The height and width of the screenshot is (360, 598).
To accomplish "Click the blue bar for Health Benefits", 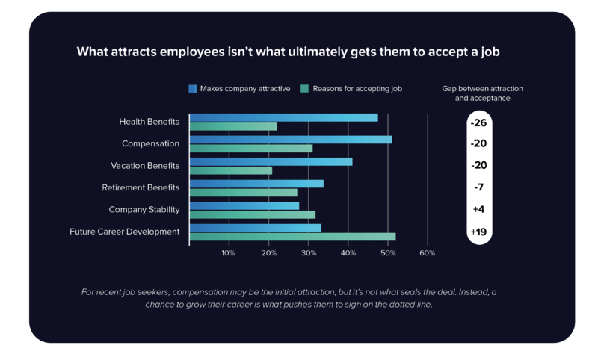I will [284, 117].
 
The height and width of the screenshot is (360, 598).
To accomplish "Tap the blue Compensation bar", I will [291, 140].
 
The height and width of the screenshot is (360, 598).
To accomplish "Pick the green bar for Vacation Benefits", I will [231, 170].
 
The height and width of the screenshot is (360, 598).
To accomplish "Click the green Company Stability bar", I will [253, 214].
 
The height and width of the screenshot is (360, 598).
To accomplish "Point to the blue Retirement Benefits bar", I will [256, 184].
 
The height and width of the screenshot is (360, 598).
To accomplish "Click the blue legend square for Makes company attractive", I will [193, 88].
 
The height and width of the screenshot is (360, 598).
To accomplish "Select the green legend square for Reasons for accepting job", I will [304, 88].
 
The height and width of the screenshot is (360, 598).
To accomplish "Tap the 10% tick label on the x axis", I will [228, 253].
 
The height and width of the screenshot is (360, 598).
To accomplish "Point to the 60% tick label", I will [427, 253].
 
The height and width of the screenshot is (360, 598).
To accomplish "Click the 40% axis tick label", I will [348, 253].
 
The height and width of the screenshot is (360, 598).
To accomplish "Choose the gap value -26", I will [478, 122].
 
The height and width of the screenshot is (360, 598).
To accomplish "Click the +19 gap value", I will [478, 232].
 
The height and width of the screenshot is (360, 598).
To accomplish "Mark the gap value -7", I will [478, 187].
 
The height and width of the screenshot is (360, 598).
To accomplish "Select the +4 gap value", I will [478, 210].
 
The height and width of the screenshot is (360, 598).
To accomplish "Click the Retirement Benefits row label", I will [141, 187].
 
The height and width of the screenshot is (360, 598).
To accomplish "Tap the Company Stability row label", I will [144, 210].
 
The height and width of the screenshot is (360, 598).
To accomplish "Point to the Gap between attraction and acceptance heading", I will [483, 93].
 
